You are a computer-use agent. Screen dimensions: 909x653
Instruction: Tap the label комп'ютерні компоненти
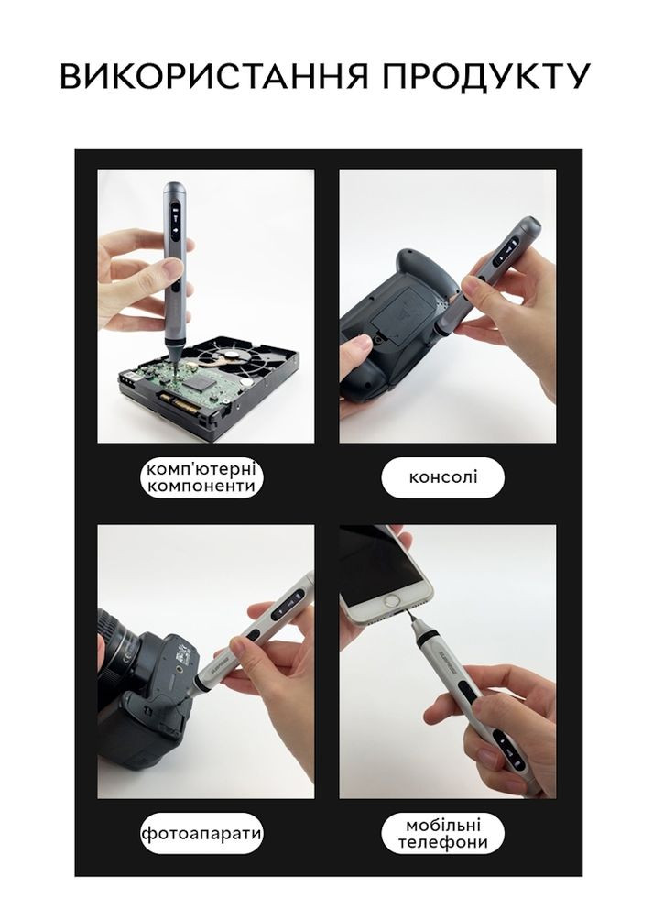(201, 478)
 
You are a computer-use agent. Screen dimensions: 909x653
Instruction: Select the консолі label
(443, 477)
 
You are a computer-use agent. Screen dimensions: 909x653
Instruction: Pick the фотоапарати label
(201, 835)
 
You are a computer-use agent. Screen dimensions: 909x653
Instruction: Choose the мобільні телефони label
(443, 834)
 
